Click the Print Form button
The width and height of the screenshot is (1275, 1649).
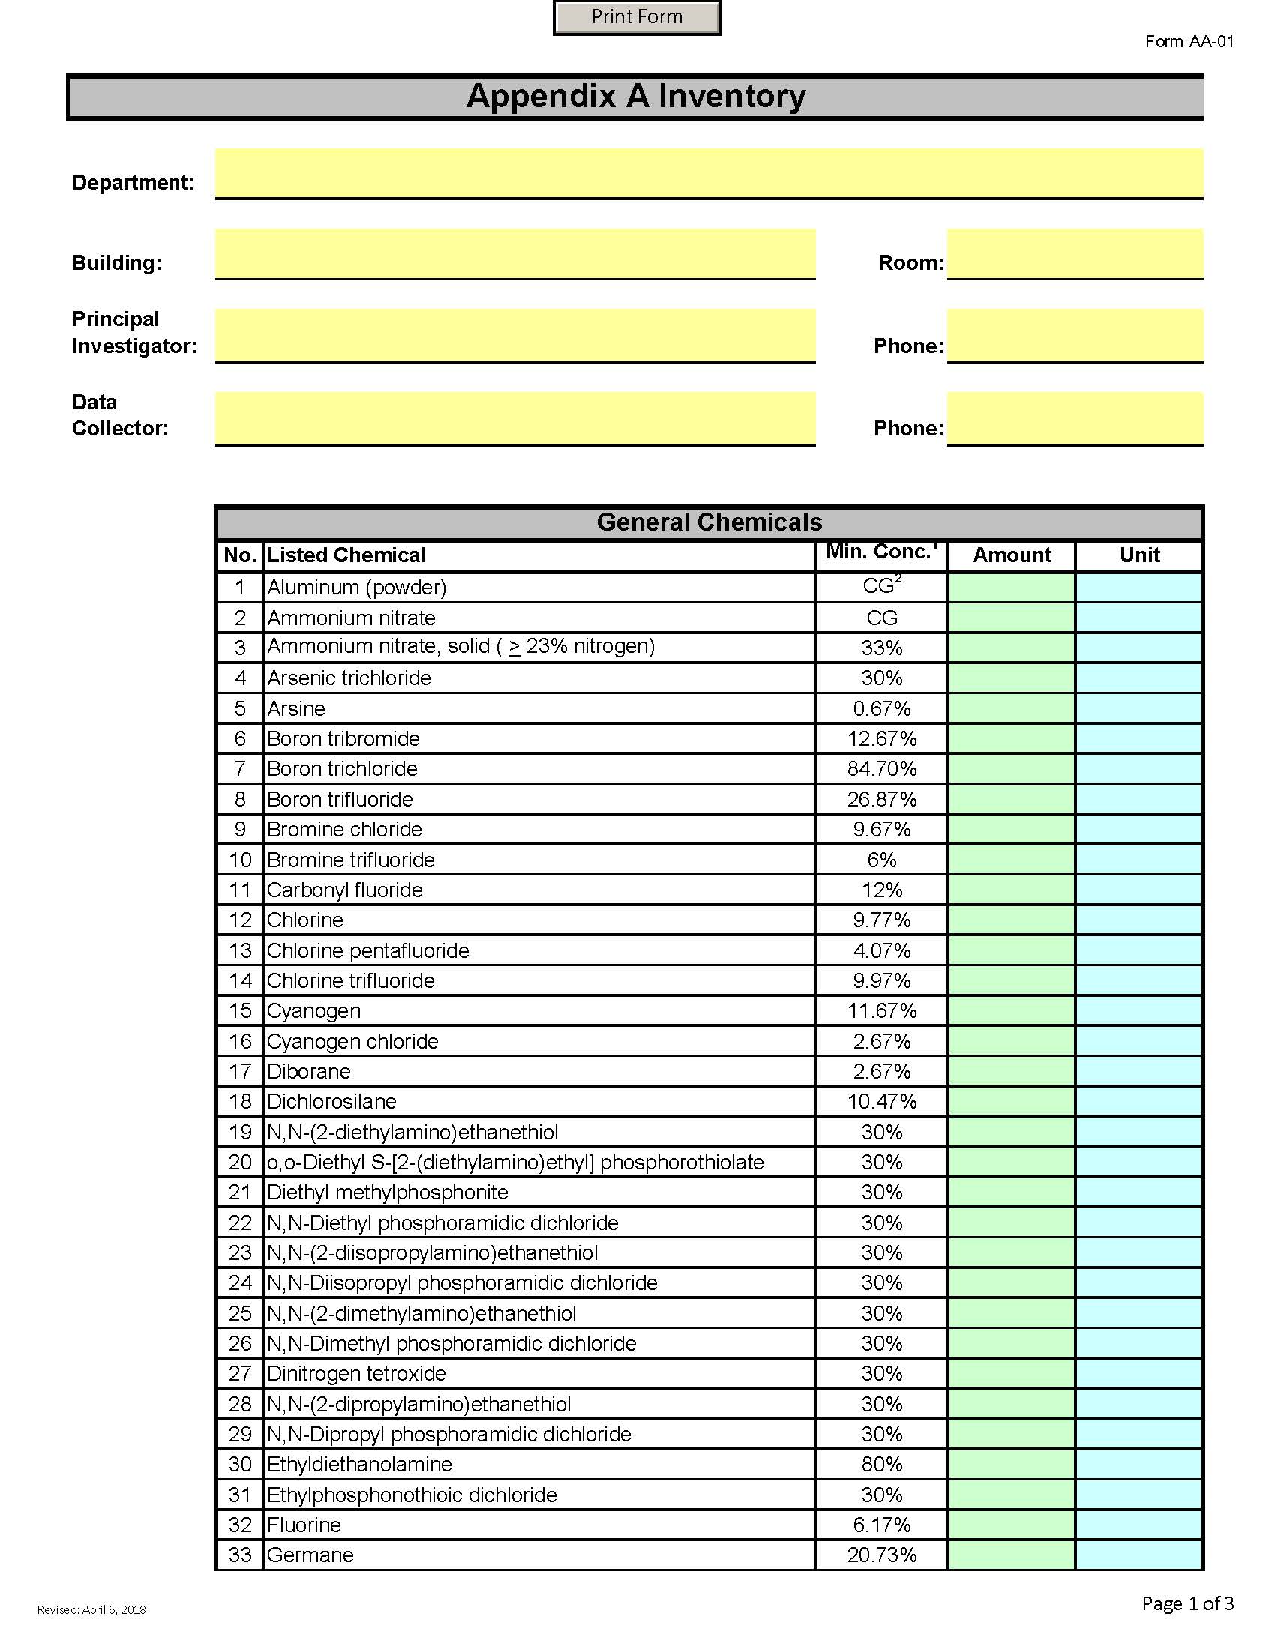tap(637, 17)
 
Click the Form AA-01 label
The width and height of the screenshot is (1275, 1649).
tap(1189, 41)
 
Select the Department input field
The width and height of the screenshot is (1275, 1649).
tap(709, 173)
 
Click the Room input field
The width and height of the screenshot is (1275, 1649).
tap(1074, 253)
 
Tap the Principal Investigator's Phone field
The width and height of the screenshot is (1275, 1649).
tap(1074, 335)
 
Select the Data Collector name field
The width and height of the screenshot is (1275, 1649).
tap(515, 417)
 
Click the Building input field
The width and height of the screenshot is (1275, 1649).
tap(515, 253)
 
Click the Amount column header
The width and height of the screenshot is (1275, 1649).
tap(1012, 555)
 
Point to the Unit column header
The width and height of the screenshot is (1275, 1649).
tap(1139, 555)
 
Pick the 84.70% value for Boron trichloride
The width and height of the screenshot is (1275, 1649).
tap(881, 768)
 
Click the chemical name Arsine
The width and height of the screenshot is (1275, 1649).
tap(296, 708)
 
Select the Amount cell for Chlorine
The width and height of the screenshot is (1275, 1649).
tap(1012, 920)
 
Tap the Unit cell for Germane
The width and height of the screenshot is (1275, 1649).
tap(1139, 1555)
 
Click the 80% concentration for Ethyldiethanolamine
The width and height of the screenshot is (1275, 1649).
tap(881, 1464)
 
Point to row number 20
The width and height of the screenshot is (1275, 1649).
tap(240, 1162)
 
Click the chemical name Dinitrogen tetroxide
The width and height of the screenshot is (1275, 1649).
tap(356, 1373)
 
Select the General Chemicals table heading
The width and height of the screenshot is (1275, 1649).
tap(709, 522)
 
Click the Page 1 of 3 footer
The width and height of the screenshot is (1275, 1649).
tap(1187, 1603)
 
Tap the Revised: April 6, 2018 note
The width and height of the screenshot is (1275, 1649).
tap(91, 1610)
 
